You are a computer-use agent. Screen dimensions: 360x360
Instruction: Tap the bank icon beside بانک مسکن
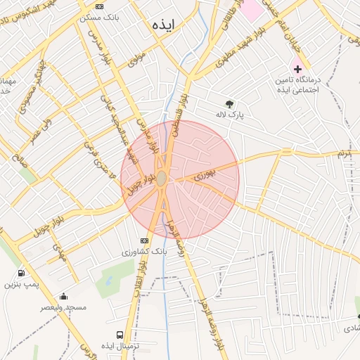99,6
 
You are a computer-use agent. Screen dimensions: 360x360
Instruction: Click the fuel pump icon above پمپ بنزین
21,274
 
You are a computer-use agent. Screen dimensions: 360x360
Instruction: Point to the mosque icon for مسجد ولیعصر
64,297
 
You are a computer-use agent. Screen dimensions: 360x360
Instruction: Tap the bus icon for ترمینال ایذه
120,335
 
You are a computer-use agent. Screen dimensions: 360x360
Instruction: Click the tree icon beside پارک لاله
229,103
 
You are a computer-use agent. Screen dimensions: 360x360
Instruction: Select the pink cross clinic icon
297,69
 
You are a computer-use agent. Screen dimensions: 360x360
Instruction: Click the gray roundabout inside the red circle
162,179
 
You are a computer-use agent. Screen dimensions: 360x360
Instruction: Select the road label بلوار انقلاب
143,278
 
